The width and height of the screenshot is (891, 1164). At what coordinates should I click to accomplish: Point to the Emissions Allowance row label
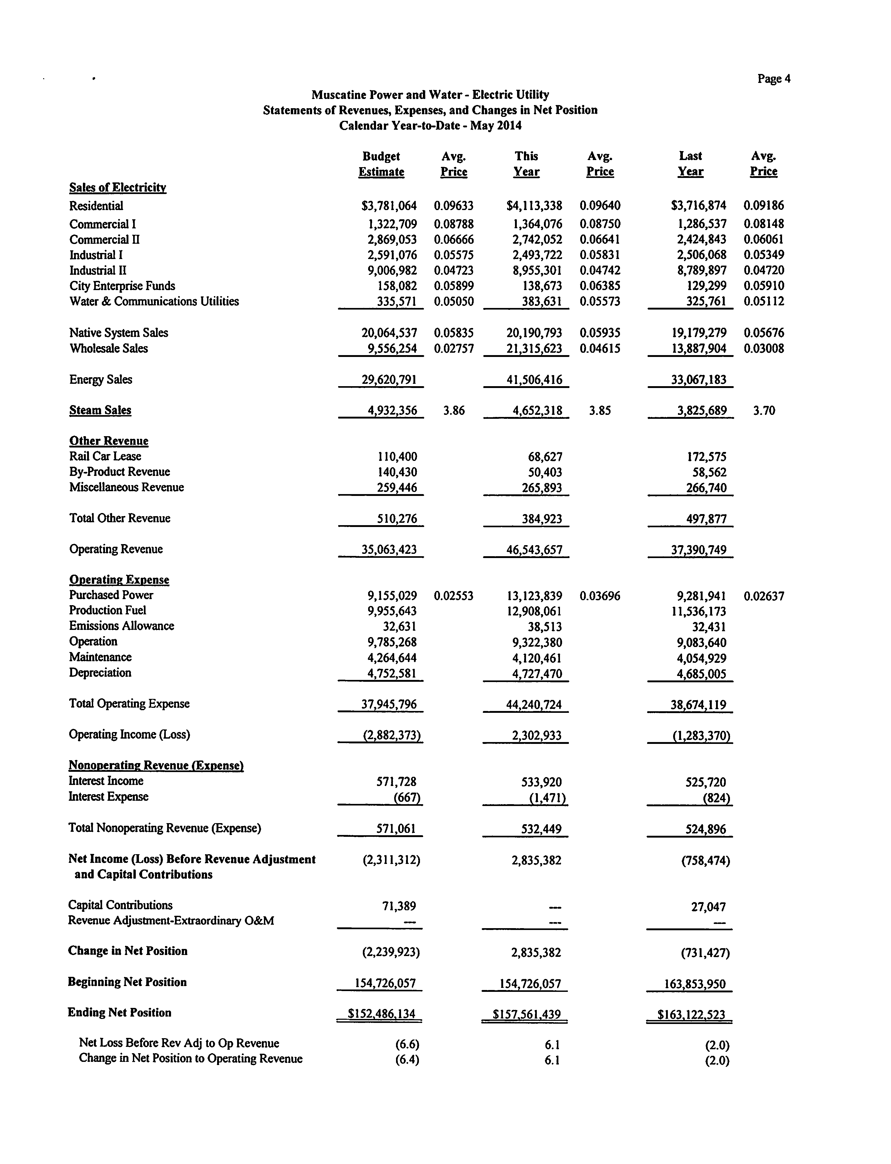point(122,626)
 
